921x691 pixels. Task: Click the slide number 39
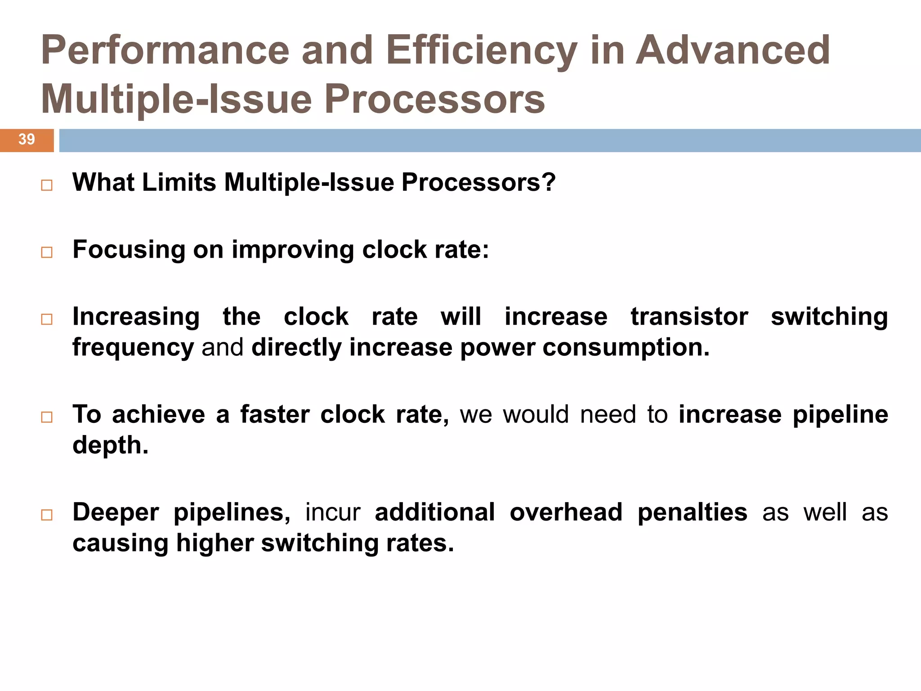click(x=27, y=139)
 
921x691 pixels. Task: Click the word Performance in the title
click(x=165, y=50)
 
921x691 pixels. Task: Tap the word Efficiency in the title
click(x=481, y=50)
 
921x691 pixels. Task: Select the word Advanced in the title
click(x=733, y=50)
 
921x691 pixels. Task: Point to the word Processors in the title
click(x=434, y=99)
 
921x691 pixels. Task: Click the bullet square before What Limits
click(x=47, y=185)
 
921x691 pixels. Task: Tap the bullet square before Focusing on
click(x=47, y=252)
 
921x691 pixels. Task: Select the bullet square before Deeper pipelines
click(x=47, y=515)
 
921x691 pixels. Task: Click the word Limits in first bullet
click(x=179, y=183)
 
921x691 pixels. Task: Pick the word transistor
click(x=689, y=316)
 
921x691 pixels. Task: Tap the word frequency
click(x=133, y=348)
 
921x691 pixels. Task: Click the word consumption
click(x=626, y=348)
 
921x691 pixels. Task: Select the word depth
click(x=110, y=445)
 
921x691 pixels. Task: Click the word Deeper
click(x=116, y=512)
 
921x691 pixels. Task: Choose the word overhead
click(x=566, y=512)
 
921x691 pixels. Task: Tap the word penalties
click(x=692, y=512)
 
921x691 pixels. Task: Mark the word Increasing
click(x=136, y=316)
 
